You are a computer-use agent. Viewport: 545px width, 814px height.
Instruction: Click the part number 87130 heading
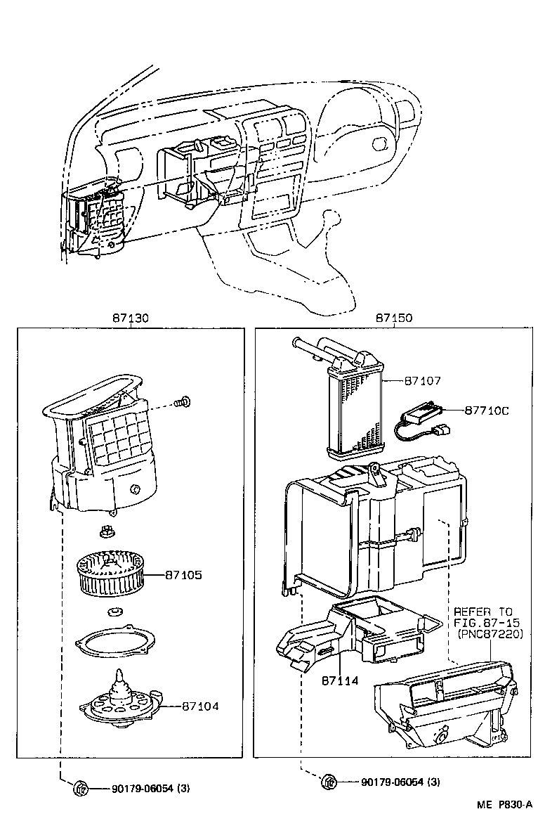(x=130, y=318)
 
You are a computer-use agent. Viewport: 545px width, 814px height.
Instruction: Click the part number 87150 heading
(x=394, y=318)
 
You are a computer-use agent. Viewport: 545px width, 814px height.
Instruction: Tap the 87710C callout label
(x=485, y=410)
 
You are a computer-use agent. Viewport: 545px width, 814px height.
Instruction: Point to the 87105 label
(x=183, y=575)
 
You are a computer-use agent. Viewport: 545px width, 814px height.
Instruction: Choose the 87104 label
(x=200, y=706)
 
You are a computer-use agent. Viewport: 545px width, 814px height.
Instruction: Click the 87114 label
(x=340, y=680)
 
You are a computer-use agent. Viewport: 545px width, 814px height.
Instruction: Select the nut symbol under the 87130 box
(x=80, y=789)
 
